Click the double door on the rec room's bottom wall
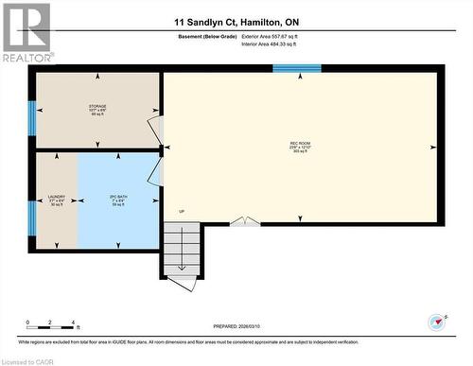tap(245, 221)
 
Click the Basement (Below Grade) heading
tap(206, 36)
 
